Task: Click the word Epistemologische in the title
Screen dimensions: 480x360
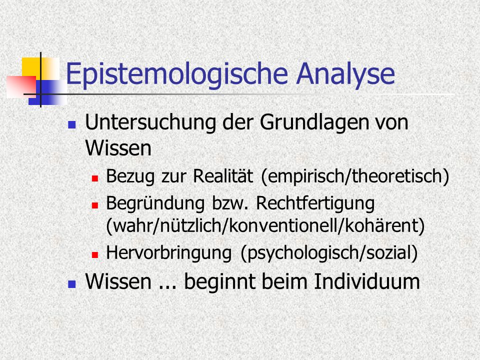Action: coord(177,74)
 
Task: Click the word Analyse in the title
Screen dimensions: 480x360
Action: coord(345,74)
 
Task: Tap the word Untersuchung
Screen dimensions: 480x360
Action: coord(150,123)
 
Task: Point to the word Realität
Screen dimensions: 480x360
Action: coord(223,176)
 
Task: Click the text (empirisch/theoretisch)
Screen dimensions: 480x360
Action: coord(355,176)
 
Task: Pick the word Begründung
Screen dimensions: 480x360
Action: coord(155,204)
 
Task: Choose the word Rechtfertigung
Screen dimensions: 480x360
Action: coord(315,204)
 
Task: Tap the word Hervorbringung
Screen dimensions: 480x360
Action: coord(168,253)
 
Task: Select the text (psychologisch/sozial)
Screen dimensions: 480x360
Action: coord(329,253)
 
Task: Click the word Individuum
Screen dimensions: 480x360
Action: coord(367,281)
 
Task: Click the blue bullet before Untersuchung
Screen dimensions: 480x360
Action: coord(72,124)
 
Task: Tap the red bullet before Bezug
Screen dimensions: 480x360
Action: coord(95,178)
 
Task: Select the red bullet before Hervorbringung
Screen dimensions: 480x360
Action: coord(95,254)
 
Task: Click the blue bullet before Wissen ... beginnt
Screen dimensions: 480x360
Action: coord(72,284)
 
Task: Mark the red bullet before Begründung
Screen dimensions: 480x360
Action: coord(95,205)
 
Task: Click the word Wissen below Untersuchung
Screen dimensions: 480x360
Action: coord(118,148)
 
